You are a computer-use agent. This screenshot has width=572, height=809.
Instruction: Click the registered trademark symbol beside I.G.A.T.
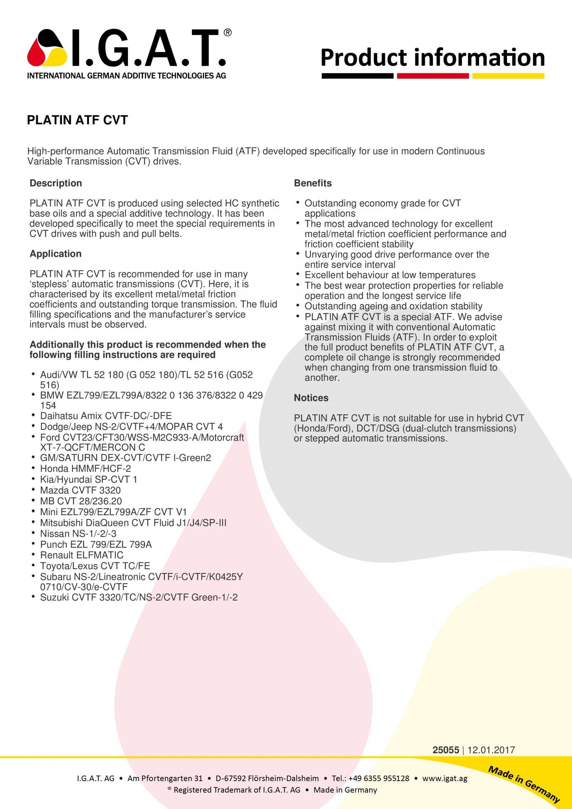click(227, 33)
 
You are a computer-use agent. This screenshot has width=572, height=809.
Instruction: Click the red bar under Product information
click(433, 76)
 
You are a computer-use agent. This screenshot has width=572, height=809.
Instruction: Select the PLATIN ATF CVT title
click(77, 120)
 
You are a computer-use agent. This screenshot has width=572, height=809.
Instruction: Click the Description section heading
click(56, 183)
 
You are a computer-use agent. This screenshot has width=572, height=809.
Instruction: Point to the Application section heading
click(55, 254)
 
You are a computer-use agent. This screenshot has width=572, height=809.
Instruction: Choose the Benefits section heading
click(313, 183)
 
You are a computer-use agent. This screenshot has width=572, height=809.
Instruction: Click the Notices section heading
click(311, 398)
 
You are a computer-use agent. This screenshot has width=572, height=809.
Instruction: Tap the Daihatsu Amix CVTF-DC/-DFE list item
click(106, 416)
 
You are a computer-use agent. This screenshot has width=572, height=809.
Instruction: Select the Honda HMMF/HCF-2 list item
click(85, 469)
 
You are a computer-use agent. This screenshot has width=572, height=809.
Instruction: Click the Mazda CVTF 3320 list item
click(80, 490)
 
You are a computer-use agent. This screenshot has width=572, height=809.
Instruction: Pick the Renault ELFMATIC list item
click(82, 555)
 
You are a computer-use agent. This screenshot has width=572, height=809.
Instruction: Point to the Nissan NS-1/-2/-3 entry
click(78, 534)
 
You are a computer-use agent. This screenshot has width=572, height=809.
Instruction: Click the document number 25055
click(445, 750)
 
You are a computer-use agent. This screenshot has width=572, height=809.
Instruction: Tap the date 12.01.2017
click(491, 750)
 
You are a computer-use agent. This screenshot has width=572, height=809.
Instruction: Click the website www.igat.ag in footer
click(445, 778)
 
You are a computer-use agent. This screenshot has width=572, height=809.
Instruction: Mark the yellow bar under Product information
click(508, 76)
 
